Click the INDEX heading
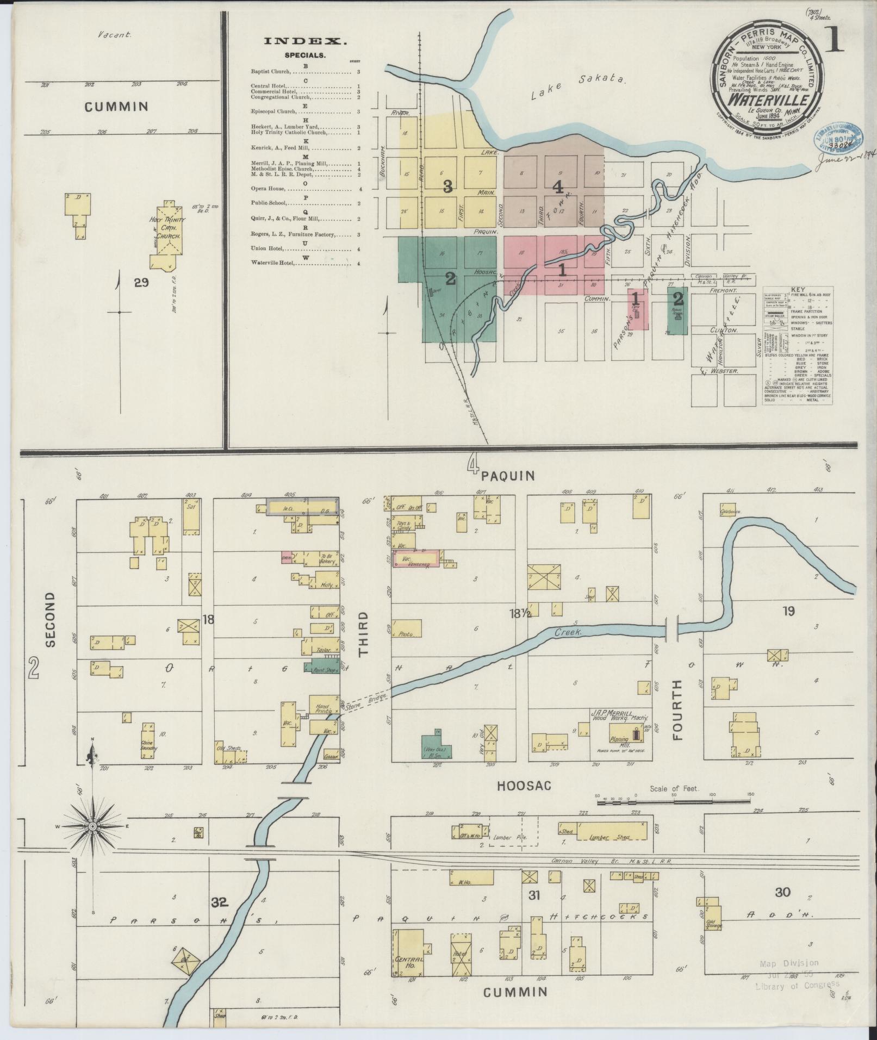[305, 41]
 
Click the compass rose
[93, 826]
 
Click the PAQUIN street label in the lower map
[508, 476]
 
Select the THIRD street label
[363, 633]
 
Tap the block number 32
[219, 902]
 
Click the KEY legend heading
[798, 290]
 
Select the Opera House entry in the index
[268, 189]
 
